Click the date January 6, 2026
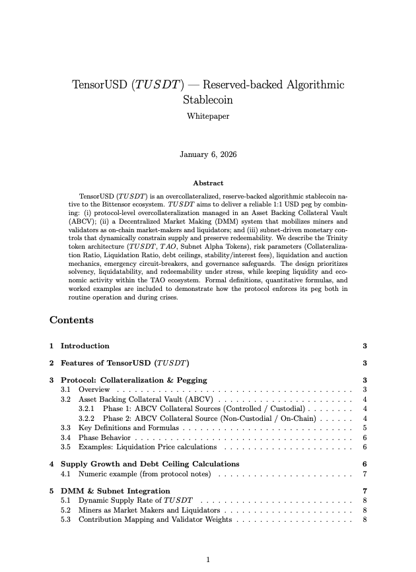coord(208,154)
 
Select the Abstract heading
coord(208,183)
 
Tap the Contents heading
coord(71,320)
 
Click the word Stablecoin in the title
coord(208,100)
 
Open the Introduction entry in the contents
coord(85,346)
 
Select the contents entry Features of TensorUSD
coord(125,363)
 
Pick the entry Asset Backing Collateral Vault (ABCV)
coord(145,399)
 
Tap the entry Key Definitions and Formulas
coord(129,428)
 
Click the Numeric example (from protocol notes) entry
coord(144,474)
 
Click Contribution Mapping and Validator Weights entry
coord(155,519)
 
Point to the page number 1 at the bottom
coord(208,559)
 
